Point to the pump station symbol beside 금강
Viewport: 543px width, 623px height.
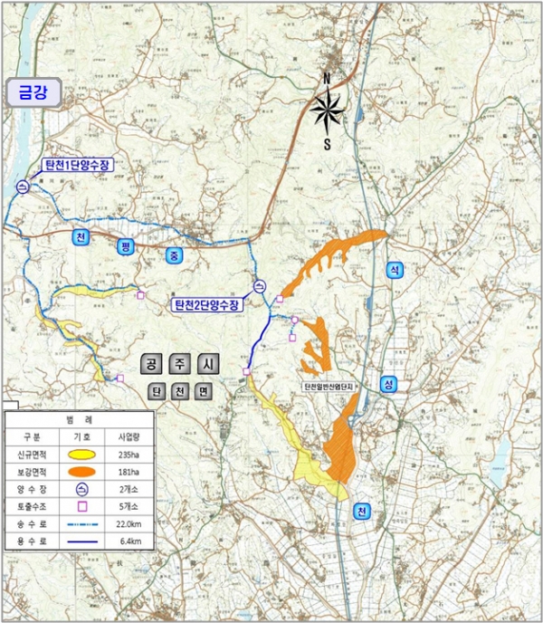click(x=22, y=187)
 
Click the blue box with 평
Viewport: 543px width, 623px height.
click(x=125, y=246)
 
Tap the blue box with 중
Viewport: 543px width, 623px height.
click(x=174, y=256)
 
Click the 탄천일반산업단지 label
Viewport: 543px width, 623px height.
click(x=332, y=387)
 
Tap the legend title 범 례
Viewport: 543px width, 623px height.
click(x=80, y=420)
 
